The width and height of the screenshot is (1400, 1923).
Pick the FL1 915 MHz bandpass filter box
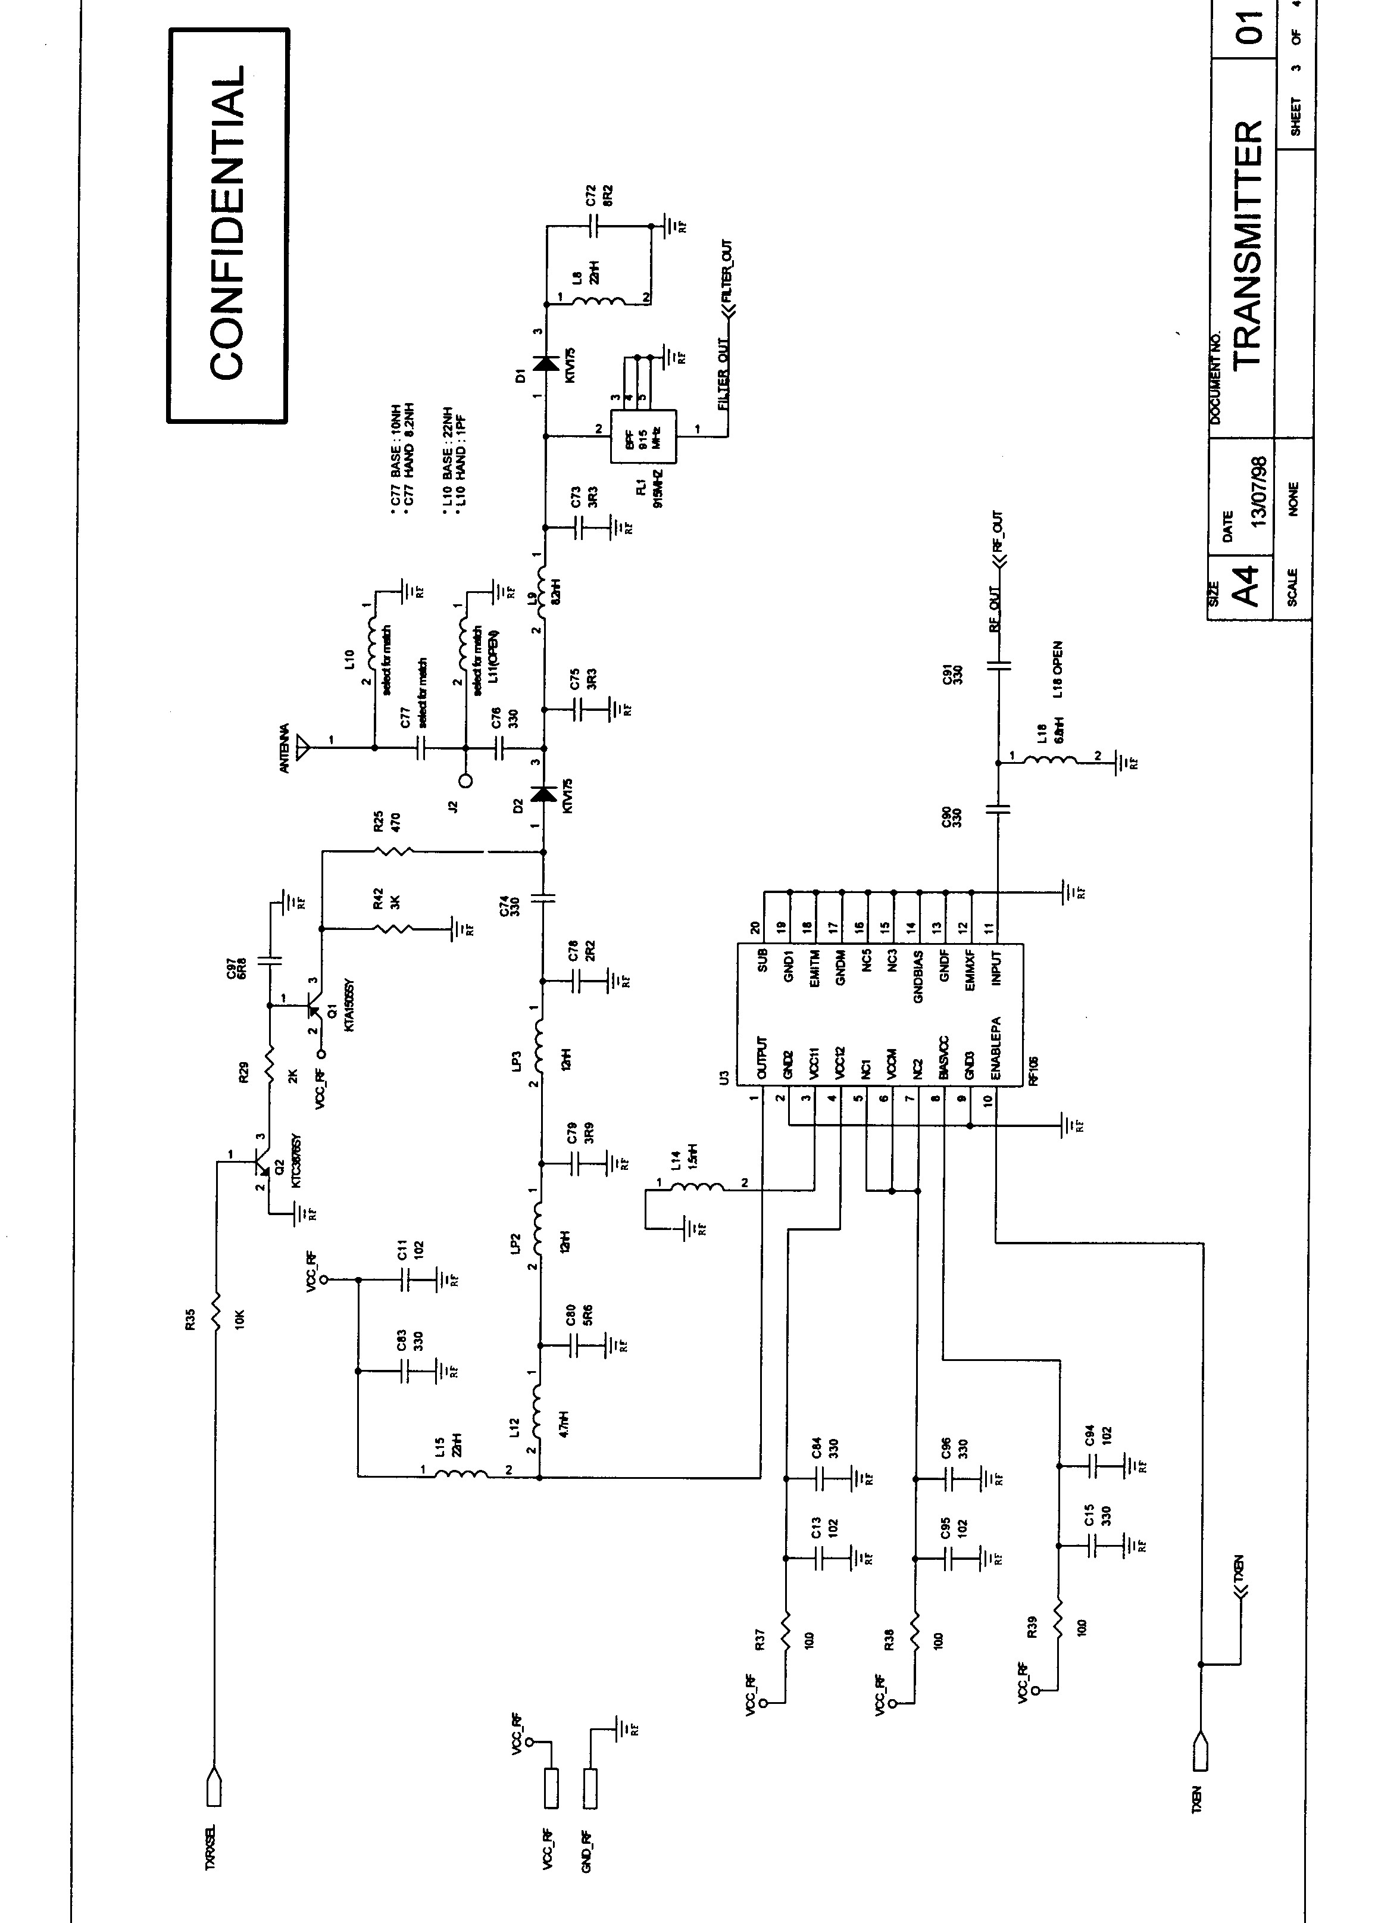[642, 436]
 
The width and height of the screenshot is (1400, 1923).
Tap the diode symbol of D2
[543, 794]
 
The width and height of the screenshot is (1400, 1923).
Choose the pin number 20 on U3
[755, 927]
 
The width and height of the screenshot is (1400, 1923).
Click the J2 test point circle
[465, 781]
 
